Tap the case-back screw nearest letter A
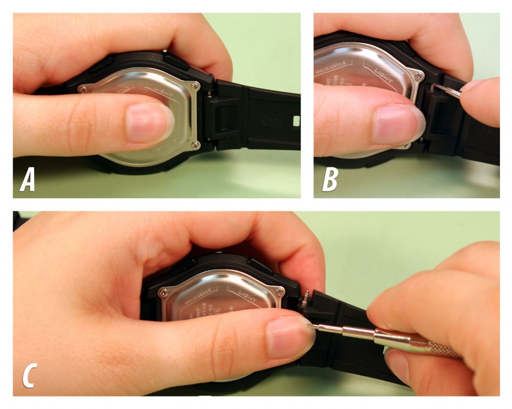pos(83,88)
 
